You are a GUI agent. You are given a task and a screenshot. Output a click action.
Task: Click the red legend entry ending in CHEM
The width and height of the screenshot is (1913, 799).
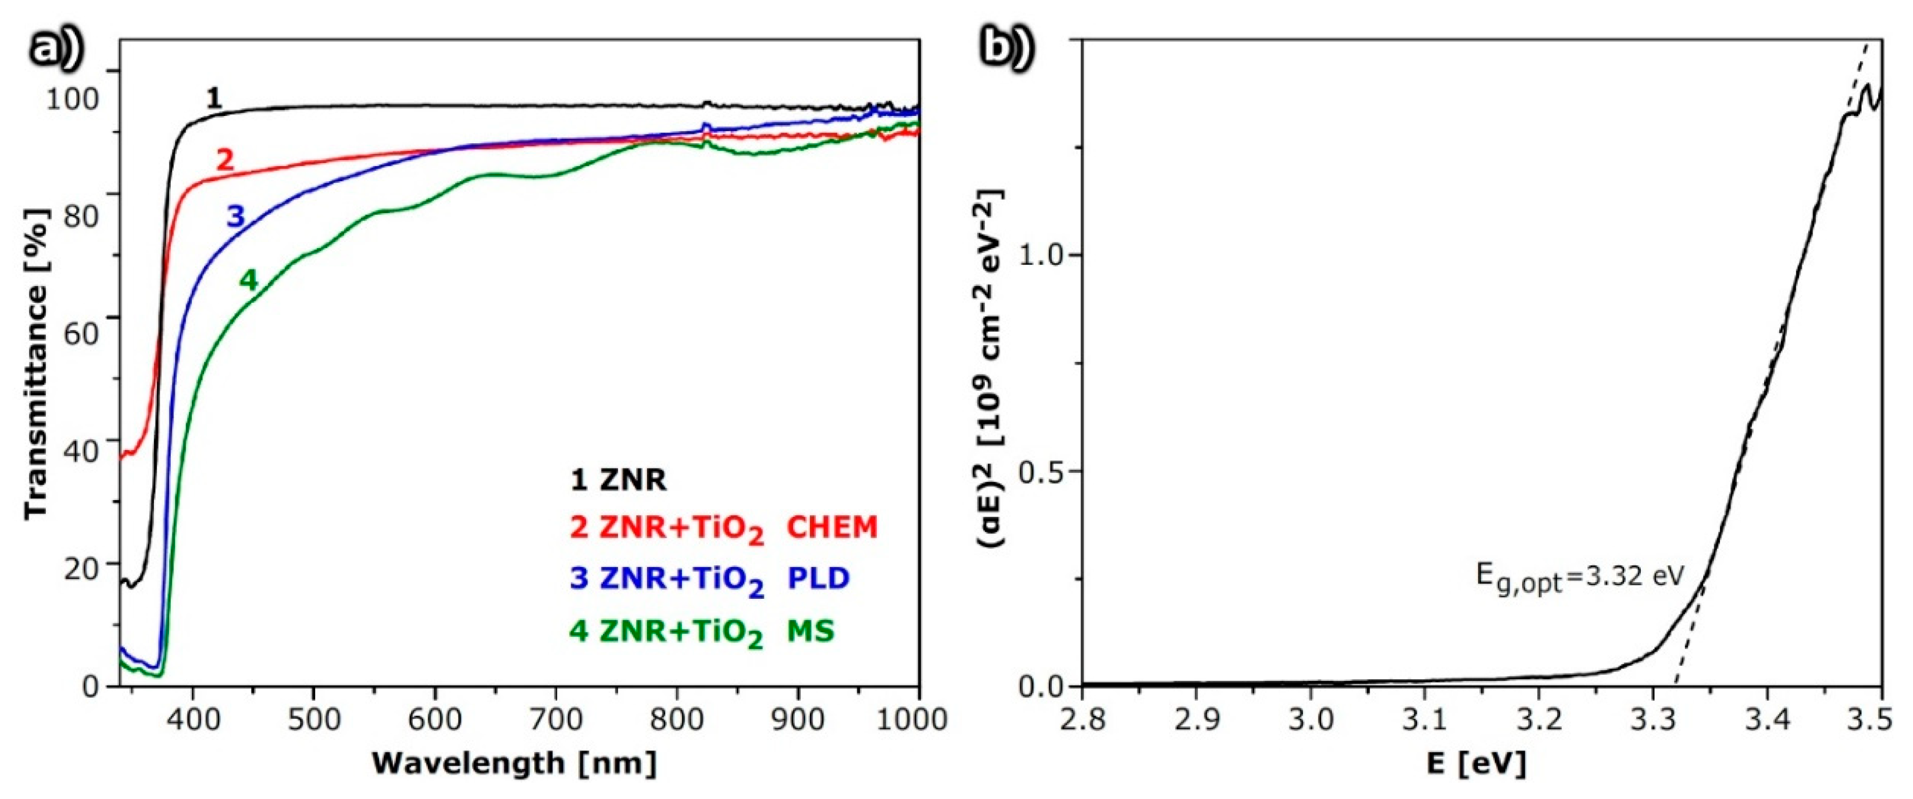[723, 528]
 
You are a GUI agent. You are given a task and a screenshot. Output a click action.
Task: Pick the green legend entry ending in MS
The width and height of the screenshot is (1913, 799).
[702, 631]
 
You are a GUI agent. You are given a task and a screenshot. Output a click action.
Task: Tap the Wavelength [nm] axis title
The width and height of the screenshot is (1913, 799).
[515, 763]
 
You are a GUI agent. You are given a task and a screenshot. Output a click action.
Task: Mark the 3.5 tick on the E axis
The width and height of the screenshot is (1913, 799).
[1879, 719]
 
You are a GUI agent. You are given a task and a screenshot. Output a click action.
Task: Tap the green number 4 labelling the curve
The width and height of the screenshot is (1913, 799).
[248, 280]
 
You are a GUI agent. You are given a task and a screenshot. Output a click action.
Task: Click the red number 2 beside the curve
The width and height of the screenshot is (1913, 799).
[224, 159]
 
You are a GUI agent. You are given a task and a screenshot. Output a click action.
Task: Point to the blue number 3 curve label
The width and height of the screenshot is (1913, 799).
[235, 217]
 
